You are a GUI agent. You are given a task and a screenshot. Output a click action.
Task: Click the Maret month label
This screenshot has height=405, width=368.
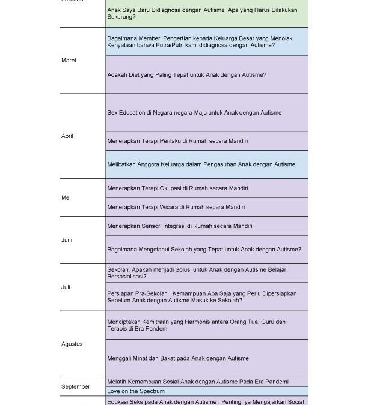pos(69,61)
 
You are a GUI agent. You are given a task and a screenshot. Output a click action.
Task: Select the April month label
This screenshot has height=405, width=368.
pos(67,136)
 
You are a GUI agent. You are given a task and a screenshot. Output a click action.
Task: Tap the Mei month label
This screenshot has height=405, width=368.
pos(66,197)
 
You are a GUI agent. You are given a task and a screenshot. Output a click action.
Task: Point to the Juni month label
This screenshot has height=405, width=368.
pos(67,240)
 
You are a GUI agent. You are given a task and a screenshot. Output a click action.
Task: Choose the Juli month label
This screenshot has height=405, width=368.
pos(66,287)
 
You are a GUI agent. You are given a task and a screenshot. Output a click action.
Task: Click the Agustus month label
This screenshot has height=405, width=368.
pos(72,344)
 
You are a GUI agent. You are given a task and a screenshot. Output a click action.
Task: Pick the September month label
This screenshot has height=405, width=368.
pos(75,387)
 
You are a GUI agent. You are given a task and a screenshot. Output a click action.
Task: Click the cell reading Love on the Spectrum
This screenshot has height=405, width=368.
pos(135,391)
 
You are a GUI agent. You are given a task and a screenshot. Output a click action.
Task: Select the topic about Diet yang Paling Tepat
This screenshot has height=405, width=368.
pos(186,75)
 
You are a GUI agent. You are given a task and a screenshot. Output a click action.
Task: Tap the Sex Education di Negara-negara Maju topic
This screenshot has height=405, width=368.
pos(194,113)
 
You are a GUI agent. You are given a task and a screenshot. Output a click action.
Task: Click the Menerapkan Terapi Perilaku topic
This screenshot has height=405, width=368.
pos(177,141)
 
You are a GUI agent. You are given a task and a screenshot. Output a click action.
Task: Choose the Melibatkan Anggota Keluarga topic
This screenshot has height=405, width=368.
pos(201,164)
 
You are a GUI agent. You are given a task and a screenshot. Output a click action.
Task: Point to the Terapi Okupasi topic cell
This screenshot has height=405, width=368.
pos(177,188)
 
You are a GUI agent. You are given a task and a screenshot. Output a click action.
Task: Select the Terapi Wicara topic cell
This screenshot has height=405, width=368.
pos(176,207)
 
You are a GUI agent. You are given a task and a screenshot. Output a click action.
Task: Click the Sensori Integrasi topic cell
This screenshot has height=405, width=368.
pos(179,226)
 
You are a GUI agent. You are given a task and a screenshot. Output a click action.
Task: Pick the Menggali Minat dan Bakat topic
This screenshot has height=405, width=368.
pos(177,359)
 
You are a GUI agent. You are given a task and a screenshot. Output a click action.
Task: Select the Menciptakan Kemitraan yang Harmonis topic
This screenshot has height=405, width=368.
pos(196,325)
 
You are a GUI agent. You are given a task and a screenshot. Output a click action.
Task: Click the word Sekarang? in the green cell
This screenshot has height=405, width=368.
pos(121,17)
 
